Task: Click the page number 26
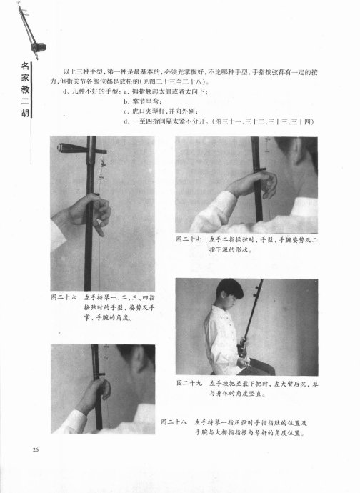pyautogui.click(x=36, y=449)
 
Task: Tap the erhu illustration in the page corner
pyautogui.click(x=31, y=31)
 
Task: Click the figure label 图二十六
pyautogui.click(x=64, y=297)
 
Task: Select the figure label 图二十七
pyautogui.click(x=189, y=239)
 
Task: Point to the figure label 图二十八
pyautogui.click(x=174, y=422)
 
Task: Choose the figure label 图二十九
pyautogui.click(x=189, y=383)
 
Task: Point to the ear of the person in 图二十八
pyautogui.click(x=139, y=362)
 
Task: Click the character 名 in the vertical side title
pyautogui.click(x=25, y=66)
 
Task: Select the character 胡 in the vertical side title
pyautogui.click(x=25, y=112)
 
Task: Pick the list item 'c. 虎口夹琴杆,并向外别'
pyautogui.click(x=161, y=111)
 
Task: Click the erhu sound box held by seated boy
pyautogui.click(x=241, y=349)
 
